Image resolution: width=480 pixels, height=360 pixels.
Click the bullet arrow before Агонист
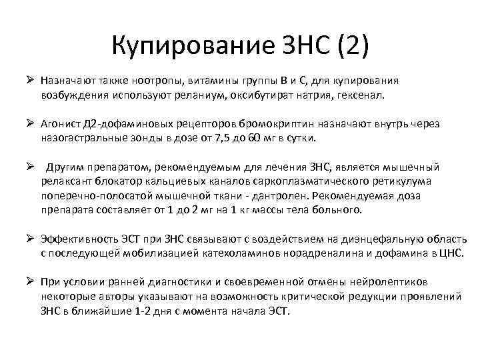click(x=29, y=124)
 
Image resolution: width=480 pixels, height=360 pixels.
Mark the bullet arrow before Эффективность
click(x=29, y=239)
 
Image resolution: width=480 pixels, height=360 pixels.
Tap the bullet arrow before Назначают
click(x=29, y=81)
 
